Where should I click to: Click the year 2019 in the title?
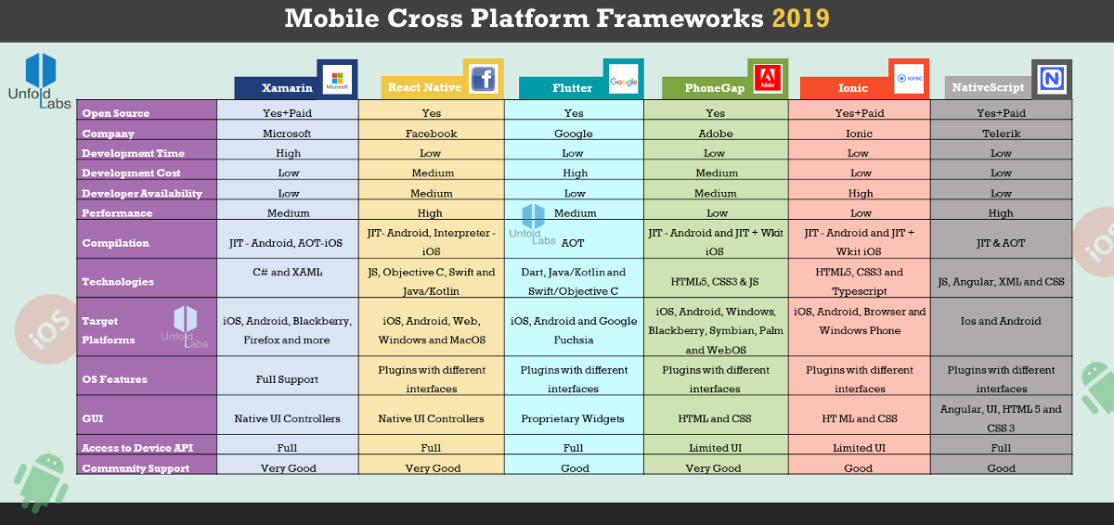click(800, 19)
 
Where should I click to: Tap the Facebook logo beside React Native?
click(484, 79)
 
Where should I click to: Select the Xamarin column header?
click(287, 88)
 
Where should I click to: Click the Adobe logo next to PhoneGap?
click(768, 79)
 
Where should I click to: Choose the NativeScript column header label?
click(988, 87)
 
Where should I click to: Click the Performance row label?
click(117, 213)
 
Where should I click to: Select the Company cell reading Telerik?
click(1001, 134)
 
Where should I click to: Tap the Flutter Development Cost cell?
click(575, 173)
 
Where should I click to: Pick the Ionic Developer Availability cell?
click(860, 193)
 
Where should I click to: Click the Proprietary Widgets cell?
click(573, 418)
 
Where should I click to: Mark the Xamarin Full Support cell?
click(287, 379)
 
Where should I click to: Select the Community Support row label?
click(136, 468)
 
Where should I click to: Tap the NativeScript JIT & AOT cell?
click(1001, 243)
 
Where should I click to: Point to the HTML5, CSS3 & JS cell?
click(715, 282)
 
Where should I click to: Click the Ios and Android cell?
click(1001, 321)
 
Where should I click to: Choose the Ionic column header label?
click(852, 88)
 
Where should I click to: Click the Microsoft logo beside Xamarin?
click(337, 80)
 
